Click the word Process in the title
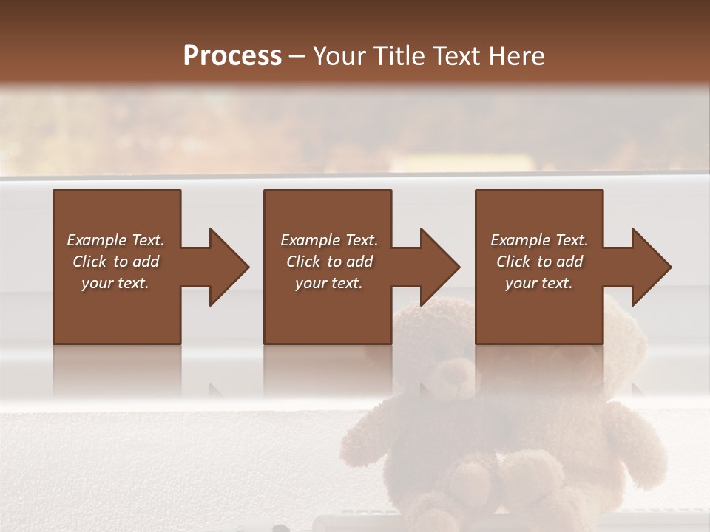232,55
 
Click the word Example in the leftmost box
97,240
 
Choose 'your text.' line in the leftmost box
115,283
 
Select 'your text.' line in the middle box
328,283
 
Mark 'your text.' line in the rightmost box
539,283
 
